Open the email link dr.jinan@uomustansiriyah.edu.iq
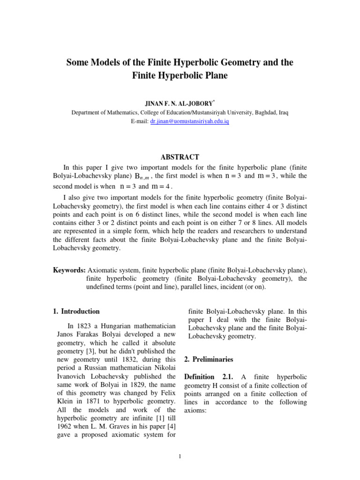point(189,121)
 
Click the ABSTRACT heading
point(180,157)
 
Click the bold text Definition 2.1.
point(210,377)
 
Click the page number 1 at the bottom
point(180,457)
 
